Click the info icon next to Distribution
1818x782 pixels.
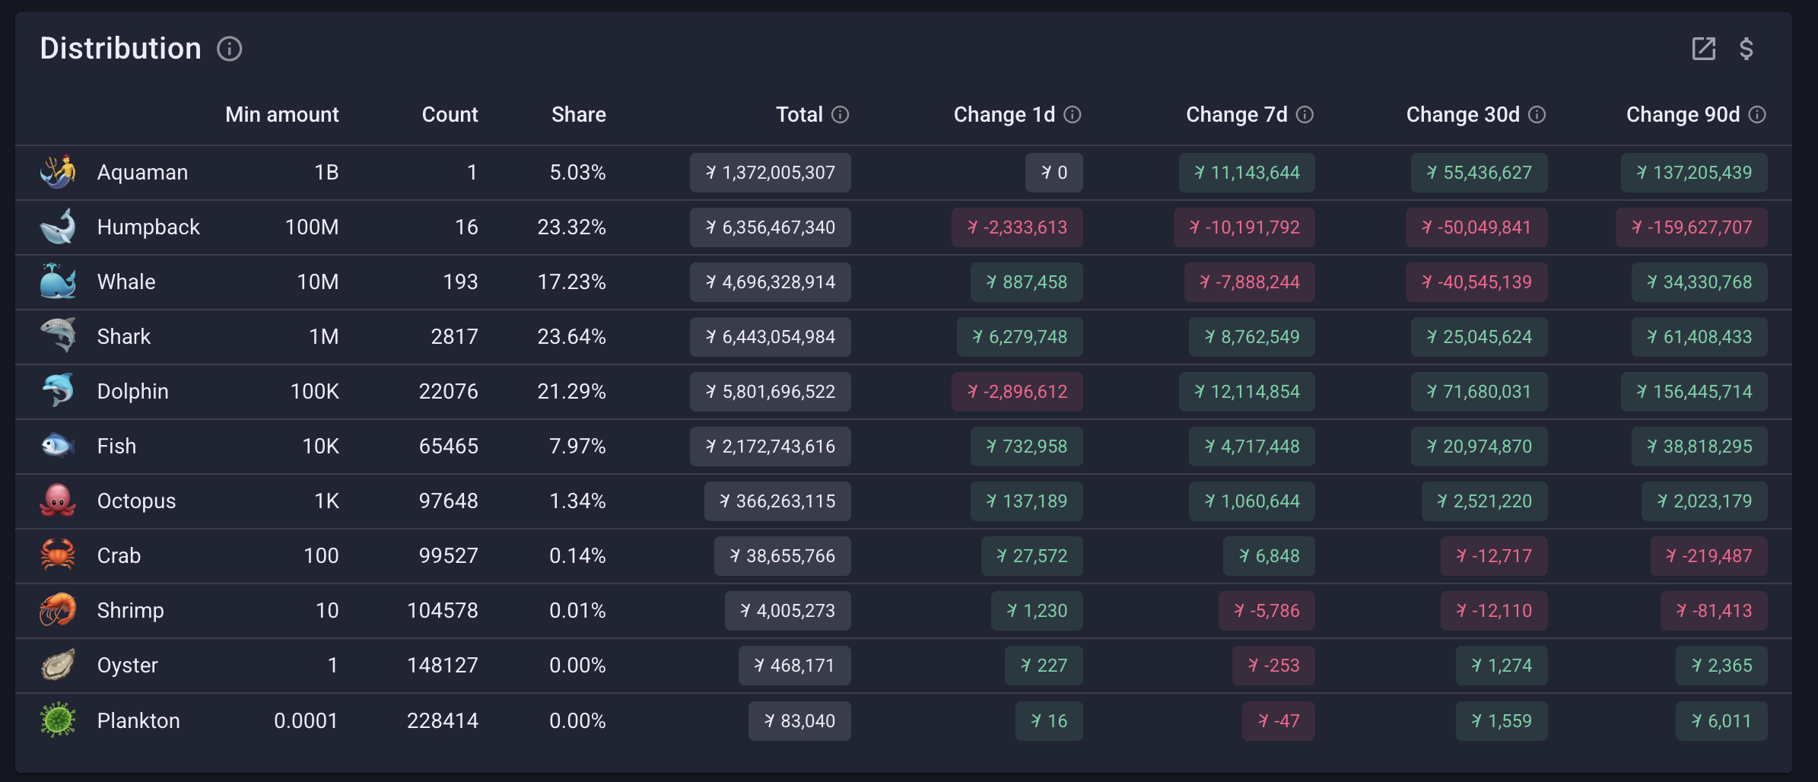[229, 49]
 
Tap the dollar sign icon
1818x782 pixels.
[1746, 49]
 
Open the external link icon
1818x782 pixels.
[1703, 49]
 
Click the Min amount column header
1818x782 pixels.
[281, 115]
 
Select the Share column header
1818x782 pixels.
[578, 115]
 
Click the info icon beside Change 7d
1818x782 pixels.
[1305, 115]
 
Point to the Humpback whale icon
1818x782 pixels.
[58, 227]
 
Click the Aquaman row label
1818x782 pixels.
[142, 173]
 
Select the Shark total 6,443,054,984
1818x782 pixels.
[770, 337]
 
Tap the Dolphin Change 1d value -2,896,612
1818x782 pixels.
[1017, 392]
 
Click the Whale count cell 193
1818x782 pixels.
[460, 282]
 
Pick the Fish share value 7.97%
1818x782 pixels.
[577, 447]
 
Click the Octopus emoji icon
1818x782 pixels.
[58, 501]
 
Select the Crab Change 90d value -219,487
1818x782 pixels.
[1708, 556]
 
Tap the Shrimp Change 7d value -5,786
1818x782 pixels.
[1267, 611]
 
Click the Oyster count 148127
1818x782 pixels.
[443, 666]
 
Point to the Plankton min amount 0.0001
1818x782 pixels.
[306, 720]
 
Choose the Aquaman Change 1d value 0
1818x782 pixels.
[1054, 173]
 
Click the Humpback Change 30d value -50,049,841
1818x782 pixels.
[1476, 227]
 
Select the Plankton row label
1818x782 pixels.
[138, 720]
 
